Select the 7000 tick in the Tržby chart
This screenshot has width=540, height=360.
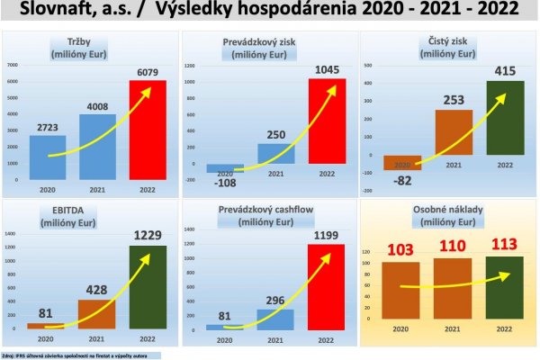(x=13, y=66)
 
